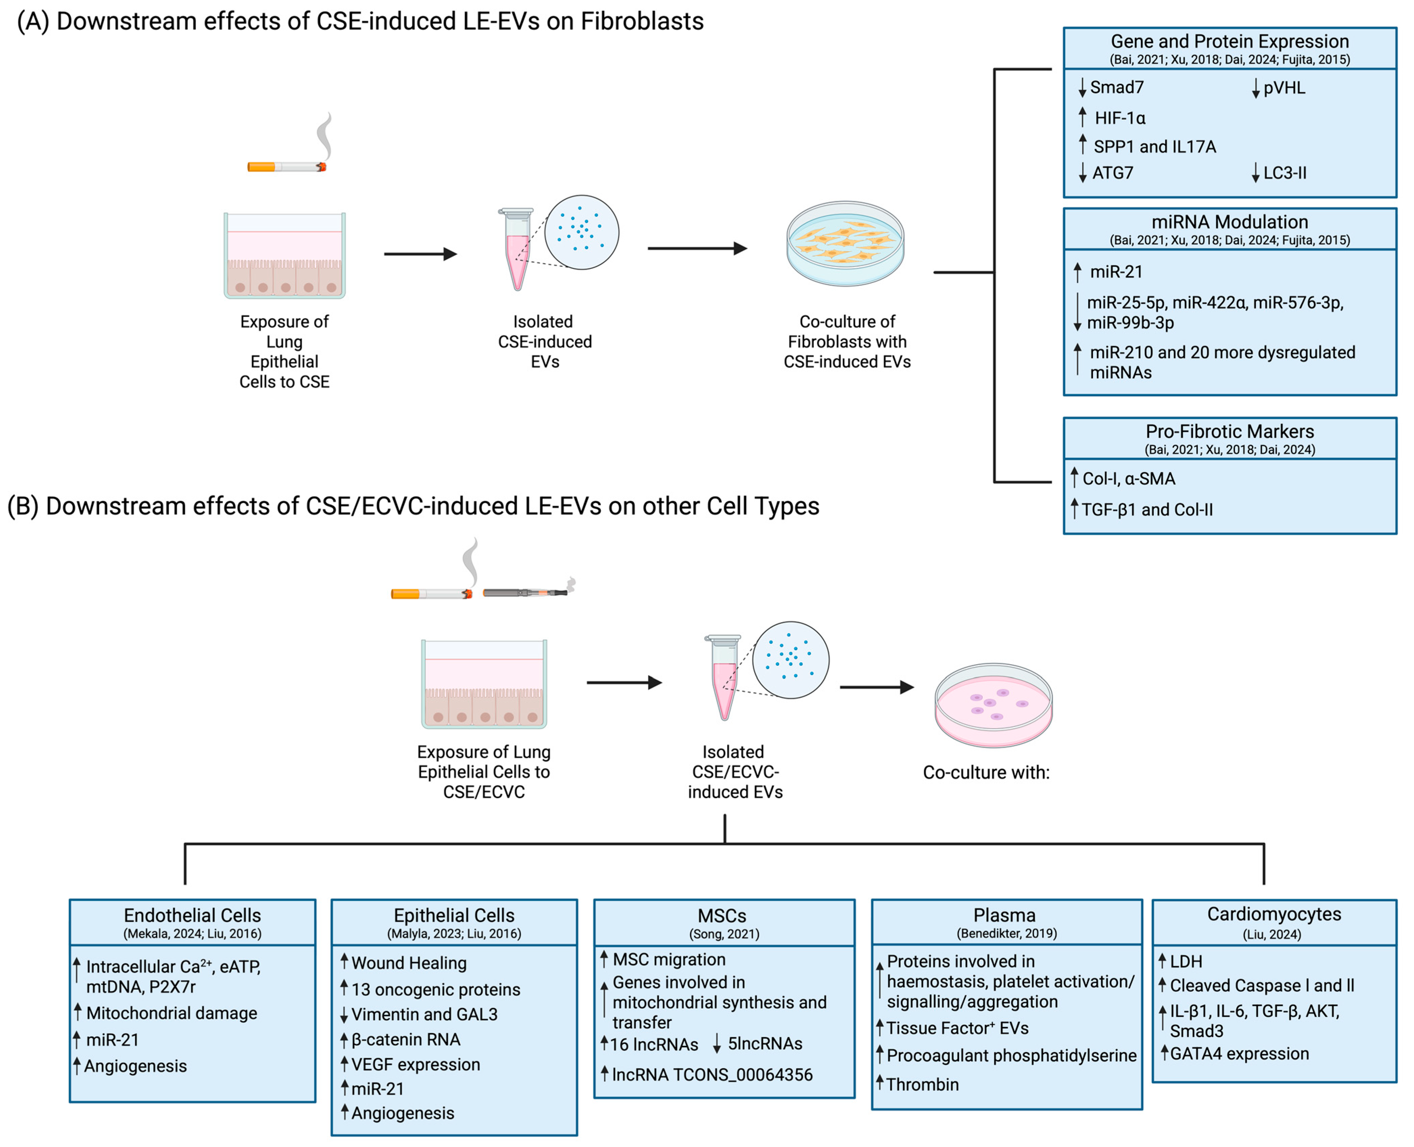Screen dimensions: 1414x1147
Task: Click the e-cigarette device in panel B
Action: click(527, 591)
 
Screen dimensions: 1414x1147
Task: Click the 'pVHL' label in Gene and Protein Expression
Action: click(1284, 88)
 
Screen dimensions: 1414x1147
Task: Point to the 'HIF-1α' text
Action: click(1120, 118)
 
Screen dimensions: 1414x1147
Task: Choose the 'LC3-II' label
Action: click(1285, 173)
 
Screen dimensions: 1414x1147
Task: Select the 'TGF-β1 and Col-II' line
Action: click(1147, 509)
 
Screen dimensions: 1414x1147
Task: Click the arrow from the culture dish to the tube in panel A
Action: click(421, 254)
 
